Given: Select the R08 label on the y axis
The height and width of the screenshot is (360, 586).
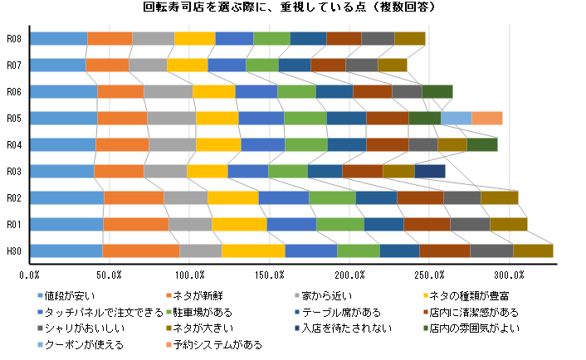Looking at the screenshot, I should pyautogui.click(x=13, y=38).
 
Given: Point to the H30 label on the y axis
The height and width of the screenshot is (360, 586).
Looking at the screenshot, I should pyautogui.click(x=13, y=251).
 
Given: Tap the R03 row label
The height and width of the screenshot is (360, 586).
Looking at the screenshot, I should pyautogui.click(x=13, y=171).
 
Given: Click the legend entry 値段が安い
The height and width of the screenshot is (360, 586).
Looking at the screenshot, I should pyautogui.click(x=70, y=295).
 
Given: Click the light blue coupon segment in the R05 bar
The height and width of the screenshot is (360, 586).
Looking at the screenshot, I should pyautogui.click(x=456, y=118).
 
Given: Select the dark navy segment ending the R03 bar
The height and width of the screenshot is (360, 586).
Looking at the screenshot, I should pyautogui.click(x=429, y=171).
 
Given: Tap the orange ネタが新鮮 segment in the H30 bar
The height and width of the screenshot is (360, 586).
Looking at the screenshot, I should pyautogui.click(x=140, y=251).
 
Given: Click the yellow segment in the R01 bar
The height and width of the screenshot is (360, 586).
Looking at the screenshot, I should pyautogui.click(x=239, y=224).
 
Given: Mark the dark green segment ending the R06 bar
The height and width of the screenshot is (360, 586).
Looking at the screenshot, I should pyautogui.click(x=437, y=91).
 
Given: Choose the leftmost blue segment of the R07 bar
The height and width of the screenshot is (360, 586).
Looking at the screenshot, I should pyautogui.click(x=57, y=65).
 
